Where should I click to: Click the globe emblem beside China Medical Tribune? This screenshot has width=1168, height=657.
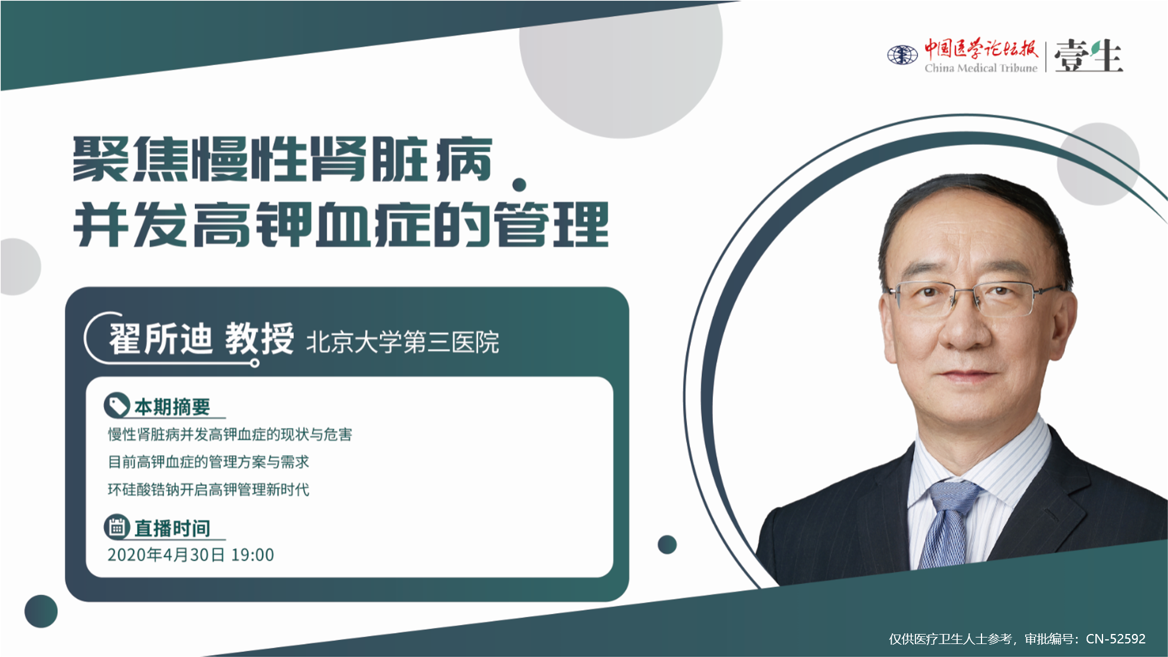[902, 55]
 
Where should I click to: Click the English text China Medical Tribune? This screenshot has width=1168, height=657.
[981, 68]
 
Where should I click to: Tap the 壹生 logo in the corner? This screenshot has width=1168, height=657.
[1089, 56]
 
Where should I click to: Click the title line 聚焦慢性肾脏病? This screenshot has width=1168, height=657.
[283, 159]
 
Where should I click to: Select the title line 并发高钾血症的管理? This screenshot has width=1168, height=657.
[341, 224]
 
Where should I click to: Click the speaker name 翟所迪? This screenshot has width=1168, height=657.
[160, 339]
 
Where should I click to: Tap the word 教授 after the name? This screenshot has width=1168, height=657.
[259, 339]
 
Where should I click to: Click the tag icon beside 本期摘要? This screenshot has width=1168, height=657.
[117, 406]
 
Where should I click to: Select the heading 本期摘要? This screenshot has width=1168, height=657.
[172, 407]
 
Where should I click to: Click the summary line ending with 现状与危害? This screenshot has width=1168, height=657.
[230, 434]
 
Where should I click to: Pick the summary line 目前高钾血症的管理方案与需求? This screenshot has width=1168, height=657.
[208, 462]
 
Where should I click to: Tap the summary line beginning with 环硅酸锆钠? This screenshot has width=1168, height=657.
[208, 489]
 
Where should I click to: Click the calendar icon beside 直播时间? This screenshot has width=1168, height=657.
[117, 527]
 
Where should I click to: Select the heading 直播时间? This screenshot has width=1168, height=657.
[172, 528]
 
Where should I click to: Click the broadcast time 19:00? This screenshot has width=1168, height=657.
[253, 555]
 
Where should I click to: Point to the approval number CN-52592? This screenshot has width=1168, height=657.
[1115, 639]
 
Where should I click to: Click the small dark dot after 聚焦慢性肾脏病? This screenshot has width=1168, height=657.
[519, 185]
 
